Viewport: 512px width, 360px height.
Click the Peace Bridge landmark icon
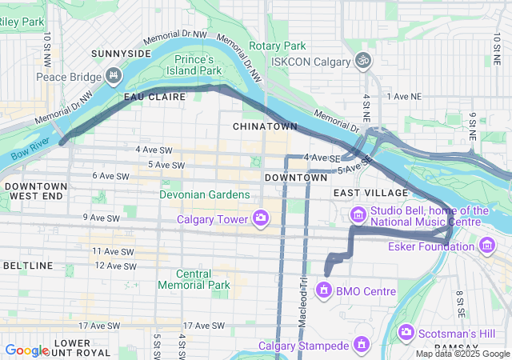coord(113,77)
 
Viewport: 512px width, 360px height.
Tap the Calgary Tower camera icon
coord(260,217)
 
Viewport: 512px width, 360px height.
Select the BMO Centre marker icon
coord(324,289)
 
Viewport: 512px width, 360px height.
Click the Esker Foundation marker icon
coord(487,244)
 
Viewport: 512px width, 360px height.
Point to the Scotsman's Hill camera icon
coord(406,331)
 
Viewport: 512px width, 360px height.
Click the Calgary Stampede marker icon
coord(361,345)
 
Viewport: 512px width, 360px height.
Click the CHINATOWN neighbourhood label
coord(265,126)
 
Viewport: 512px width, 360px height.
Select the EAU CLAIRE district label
coord(154,96)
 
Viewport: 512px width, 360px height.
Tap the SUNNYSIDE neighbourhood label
coord(121,53)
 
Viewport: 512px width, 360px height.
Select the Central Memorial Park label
coord(194,279)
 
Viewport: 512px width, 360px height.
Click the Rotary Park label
coord(278,46)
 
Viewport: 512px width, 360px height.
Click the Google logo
coord(26,350)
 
